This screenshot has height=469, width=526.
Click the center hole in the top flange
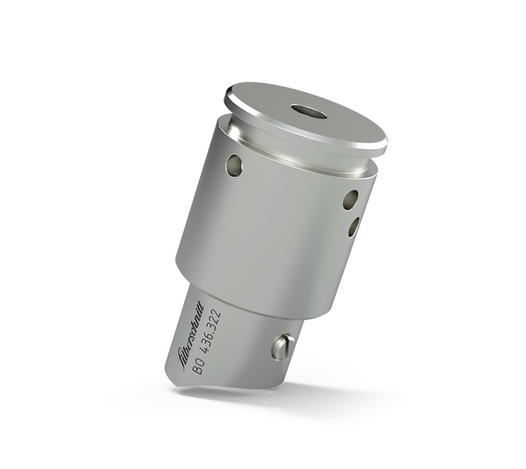click(x=308, y=112)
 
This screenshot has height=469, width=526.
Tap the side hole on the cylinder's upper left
click(x=233, y=164)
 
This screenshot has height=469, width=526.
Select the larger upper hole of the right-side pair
click(x=350, y=200)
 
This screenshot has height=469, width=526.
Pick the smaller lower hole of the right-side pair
click(x=353, y=227)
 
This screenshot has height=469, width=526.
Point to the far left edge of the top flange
click(x=226, y=97)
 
